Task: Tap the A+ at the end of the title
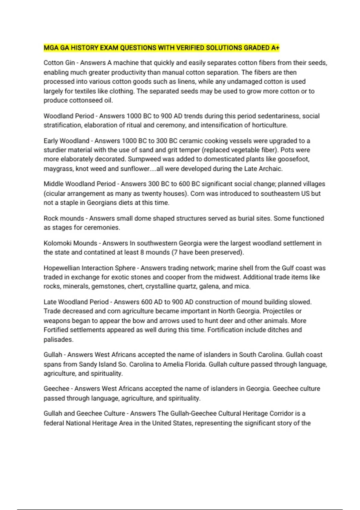point(275,48)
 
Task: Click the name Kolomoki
point(57,243)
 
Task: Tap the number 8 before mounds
point(142,253)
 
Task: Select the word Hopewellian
point(61,268)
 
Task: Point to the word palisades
point(58,340)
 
